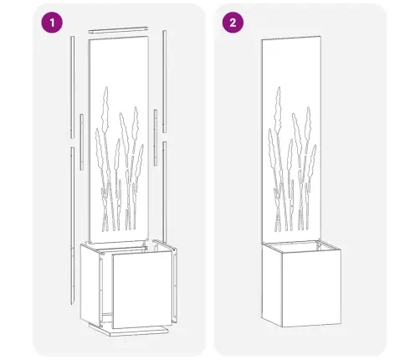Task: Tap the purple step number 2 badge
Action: point(232,23)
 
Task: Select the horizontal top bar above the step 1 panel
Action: point(120,32)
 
